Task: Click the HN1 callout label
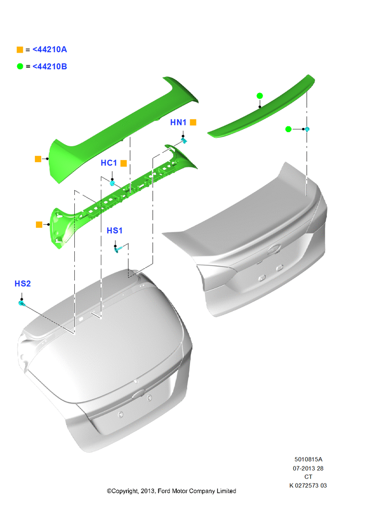(x=178, y=122)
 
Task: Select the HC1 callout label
(x=109, y=163)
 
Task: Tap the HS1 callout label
(x=114, y=230)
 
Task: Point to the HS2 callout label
(x=22, y=283)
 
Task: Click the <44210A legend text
(x=50, y=49)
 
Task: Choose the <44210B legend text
(x=50, y=67)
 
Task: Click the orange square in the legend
(x=20, y=50)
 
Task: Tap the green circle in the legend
(x=20, y=67)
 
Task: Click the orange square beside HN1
(x=193, y=122)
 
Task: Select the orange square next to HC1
(x=124, y=163)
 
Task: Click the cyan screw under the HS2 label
(x=22, y=303)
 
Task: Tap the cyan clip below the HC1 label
(x=112, y=183)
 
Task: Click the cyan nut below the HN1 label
(x=184, y=140)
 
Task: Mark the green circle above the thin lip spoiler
(x=259, y=96)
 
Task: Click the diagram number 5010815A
(x=308, y=459)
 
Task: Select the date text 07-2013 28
(x=308, y=469)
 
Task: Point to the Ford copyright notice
(x=172, y=491)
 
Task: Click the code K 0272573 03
(x=308, y=486)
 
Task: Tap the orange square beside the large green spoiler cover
(x=38, y=159)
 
